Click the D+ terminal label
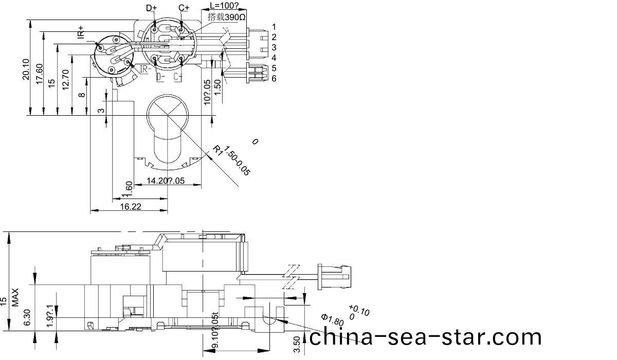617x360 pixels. click(152, 8)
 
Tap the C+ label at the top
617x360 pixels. click(184, 8)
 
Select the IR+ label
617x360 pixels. click(80, 32)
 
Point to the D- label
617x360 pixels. click(161, 77)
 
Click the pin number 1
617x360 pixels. click(274, 27)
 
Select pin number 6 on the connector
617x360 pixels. click(274, 78)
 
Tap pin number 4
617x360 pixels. click(274, 58)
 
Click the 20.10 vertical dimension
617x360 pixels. click(26, 69)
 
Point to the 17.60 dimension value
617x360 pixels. click(39, 75)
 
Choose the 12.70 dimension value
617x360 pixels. click(65, 80)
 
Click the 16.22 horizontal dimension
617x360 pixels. click(132, 206)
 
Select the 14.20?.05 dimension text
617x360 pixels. click(165, 181)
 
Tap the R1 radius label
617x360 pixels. click(219, 150)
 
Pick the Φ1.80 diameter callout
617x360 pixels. click(332, 319)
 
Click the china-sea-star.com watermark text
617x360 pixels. click(426, 337)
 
